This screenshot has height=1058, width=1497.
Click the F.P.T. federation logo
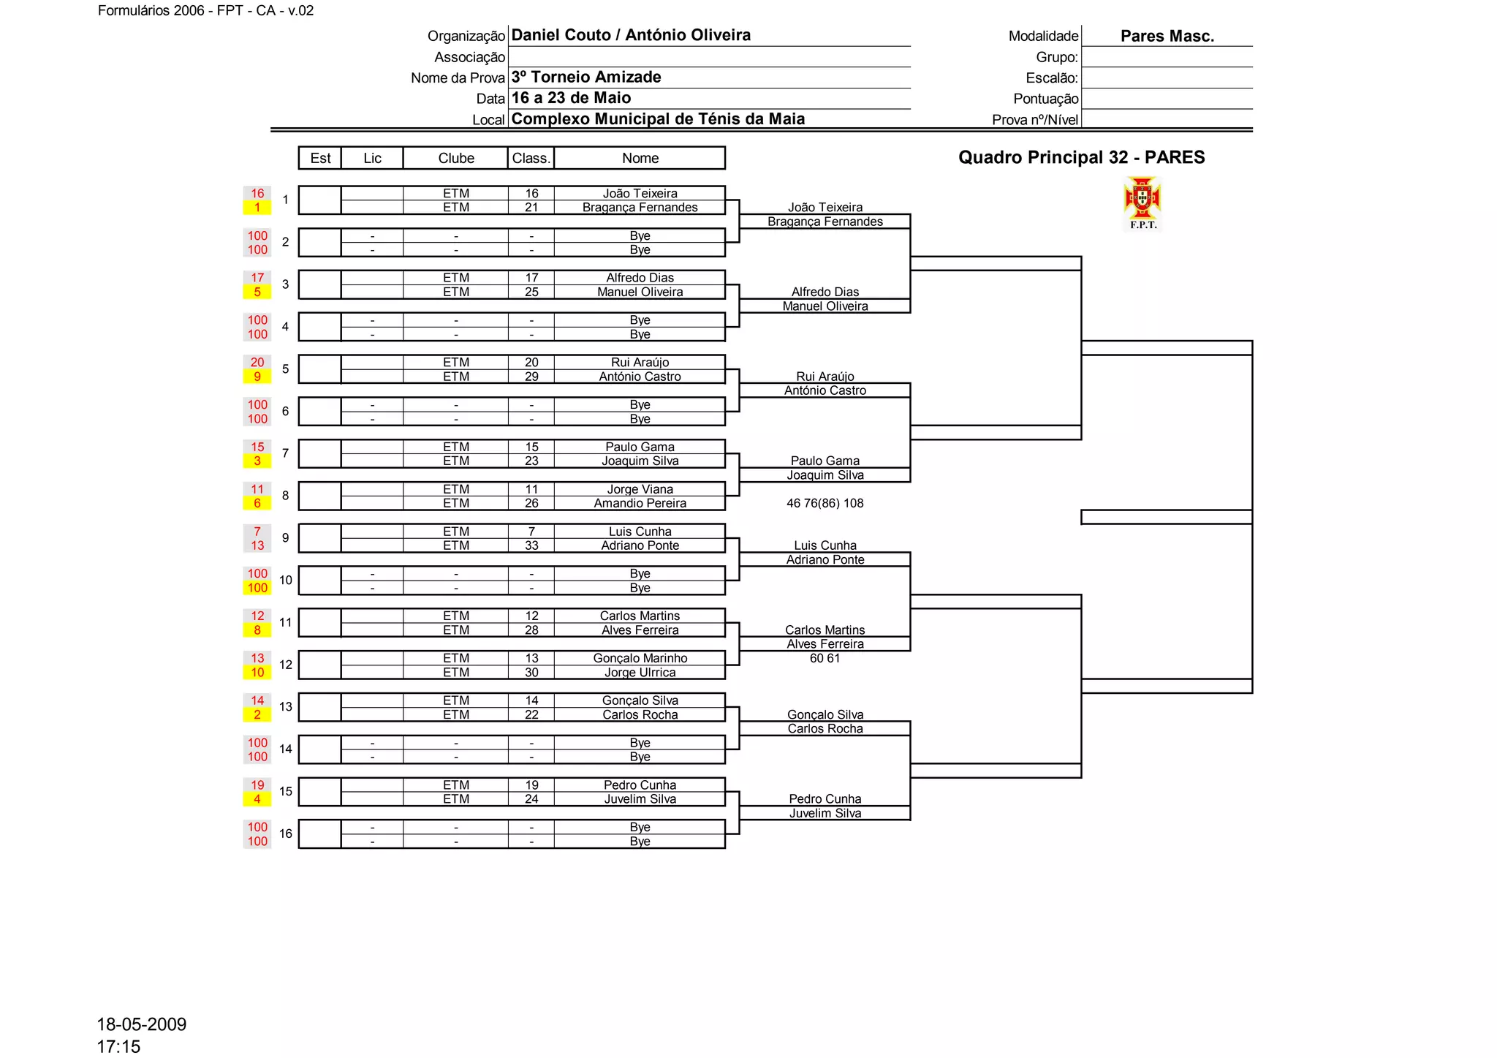[1142, 203]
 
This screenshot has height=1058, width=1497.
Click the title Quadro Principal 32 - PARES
[1081, 157]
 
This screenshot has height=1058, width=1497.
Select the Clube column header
[455, 158]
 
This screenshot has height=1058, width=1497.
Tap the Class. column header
[531, 158]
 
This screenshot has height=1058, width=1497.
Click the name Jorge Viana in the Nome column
[640, 489]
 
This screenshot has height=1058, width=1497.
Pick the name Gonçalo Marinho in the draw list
[640, 658]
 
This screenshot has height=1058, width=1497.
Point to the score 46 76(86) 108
[825, 503]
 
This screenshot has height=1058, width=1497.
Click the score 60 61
[825, 658]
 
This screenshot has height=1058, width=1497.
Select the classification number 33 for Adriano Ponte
[531, 545]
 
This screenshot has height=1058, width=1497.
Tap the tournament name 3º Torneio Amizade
[586, 78]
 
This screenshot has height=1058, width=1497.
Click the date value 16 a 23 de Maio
[571, 98]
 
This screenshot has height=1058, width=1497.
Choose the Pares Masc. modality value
[1167, 36]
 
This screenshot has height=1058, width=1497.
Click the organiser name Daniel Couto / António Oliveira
[631, 35]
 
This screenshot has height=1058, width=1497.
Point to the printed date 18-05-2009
[142, 1024]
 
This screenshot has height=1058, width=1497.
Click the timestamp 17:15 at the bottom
[118, 1046]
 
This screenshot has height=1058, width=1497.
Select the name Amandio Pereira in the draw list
[640, 503]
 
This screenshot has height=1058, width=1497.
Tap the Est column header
[320, 158]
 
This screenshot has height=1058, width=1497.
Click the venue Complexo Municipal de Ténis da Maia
[658, 119]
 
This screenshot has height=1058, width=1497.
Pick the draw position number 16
[286, 834]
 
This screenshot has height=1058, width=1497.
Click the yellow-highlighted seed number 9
[257, 377]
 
